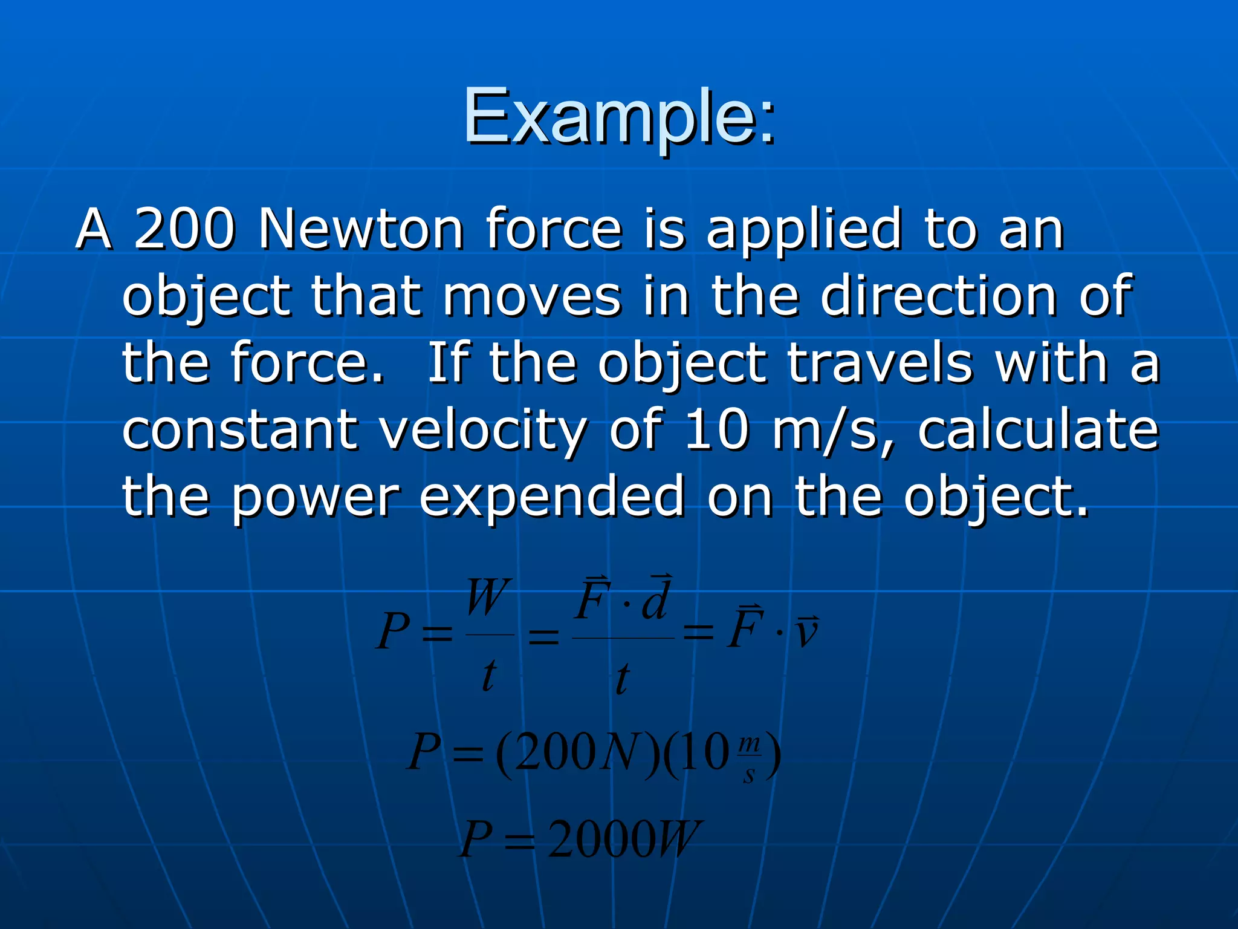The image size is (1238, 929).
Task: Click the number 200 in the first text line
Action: pos(184,229)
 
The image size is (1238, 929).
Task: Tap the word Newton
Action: pos(361,229)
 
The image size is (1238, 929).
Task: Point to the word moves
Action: pos(532,296)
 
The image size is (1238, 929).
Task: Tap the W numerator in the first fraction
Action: pos(488,598)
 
